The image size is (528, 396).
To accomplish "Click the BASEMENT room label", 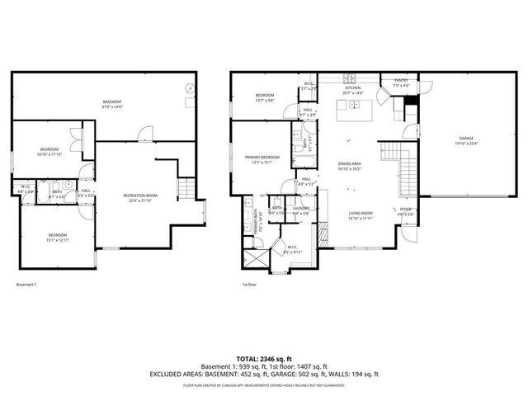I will pyautogui.click(x=112, y=101).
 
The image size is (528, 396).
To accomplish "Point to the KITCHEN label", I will pyautogui.click(x=353, y=87).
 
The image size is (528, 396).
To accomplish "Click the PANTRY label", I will pyautogui.click(x=401, y=80).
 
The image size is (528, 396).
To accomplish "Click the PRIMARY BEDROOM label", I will pyautogui.click(x=262, y=157).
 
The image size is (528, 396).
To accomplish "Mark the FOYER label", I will pyautogui.click(x=405, y=210).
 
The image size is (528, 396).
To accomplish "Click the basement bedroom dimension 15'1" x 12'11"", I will pyautogui.click(x=56, y=239).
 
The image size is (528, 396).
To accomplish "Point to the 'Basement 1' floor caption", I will pyautogui.click(x=26, y=284).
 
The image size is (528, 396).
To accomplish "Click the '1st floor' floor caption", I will pyautogui.click(x=248, y=284).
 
